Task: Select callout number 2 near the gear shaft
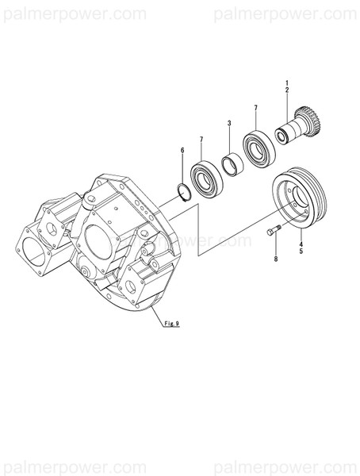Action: (287, 92)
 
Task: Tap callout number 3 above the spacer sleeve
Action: (229, 124)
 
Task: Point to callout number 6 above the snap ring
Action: (182, 150)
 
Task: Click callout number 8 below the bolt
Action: (276, 259)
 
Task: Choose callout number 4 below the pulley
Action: (301, 243)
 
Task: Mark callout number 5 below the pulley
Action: (301, 251)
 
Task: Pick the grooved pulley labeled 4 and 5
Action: (295, 204)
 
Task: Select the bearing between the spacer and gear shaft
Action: (258, 147)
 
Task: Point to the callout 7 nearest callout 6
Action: (201, 140)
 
